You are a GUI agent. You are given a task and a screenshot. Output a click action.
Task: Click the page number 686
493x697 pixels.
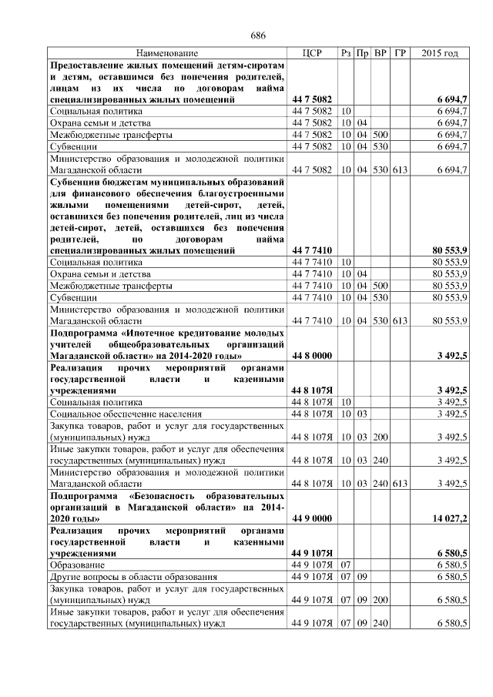point(258,36)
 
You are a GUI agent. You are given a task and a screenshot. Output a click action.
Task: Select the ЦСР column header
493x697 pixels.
point(312,53)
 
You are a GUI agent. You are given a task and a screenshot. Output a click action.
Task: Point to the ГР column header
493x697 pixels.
point(400,53)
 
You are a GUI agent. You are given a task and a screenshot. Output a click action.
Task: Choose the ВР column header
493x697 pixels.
point(381,53)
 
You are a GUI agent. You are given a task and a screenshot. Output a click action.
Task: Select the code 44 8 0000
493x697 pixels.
point(312,356)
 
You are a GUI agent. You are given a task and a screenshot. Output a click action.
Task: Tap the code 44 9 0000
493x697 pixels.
point(312,519)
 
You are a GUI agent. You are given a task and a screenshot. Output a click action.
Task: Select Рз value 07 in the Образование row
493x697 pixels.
point(346,565)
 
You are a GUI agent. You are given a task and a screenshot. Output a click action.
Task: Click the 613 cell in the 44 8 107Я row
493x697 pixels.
point(399,484)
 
